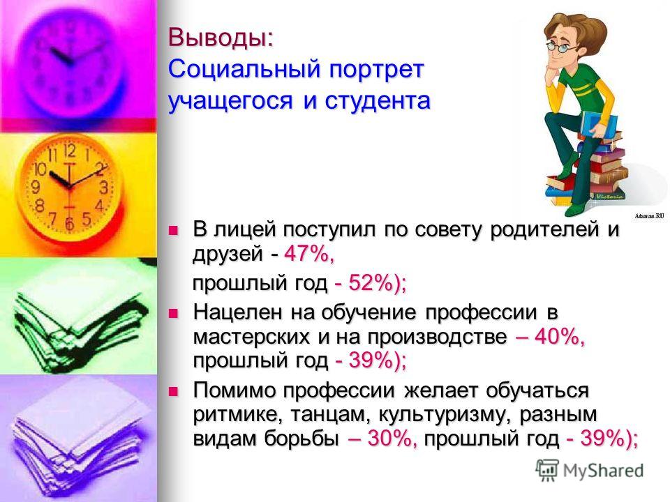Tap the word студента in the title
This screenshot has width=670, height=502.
click(377, 100)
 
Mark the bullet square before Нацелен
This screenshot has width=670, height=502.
click(172, 314)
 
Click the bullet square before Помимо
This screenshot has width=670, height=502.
click(172, 391)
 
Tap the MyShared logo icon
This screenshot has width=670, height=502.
click(547, 471)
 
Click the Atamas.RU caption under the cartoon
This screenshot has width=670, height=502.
click(650, 216)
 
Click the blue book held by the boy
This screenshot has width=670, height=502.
click(602, 124)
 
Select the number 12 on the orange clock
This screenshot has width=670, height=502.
click(70, 151)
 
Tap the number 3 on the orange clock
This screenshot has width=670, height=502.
click(103, 188)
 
